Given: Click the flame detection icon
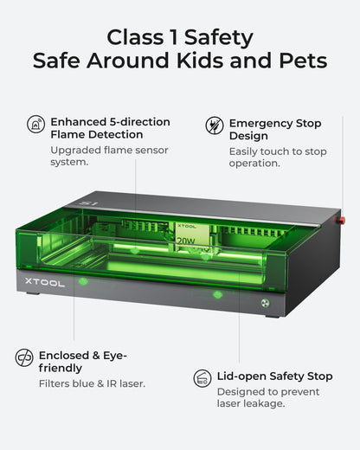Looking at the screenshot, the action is click(36, 124).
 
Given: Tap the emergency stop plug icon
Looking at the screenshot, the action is click(215, 125).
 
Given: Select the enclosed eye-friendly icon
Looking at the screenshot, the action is click(24, 357).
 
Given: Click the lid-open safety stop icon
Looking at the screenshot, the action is click(202, 378).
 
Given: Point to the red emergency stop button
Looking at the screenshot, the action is click(342, 221).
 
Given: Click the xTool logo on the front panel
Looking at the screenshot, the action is click(44, 282).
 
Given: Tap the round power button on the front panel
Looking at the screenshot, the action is click(266, 303).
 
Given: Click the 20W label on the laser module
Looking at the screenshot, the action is click(186, 241).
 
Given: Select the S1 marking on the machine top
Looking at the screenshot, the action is click(88, 203).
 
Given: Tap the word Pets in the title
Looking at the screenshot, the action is click(303, 61).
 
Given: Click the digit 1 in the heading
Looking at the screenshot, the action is click(174, 37).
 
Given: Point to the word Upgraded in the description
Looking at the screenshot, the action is click(75, 151).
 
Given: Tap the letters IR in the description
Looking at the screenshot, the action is click(112, 383).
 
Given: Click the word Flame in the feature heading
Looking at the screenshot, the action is click(67, 134).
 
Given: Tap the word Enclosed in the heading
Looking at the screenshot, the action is click(64, 356).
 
